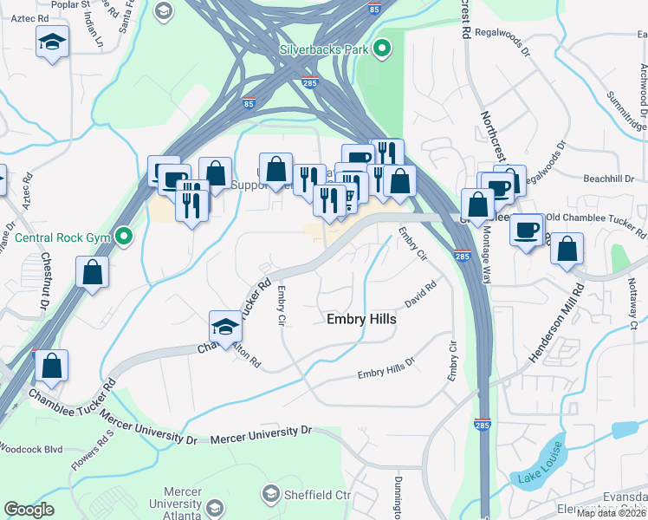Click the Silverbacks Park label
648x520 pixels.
[325, 49]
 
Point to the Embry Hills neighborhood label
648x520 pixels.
[361, 319]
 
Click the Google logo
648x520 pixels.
[29, 510]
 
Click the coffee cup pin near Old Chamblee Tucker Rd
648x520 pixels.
[528, 230]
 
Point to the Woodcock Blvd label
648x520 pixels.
[31, 449]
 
